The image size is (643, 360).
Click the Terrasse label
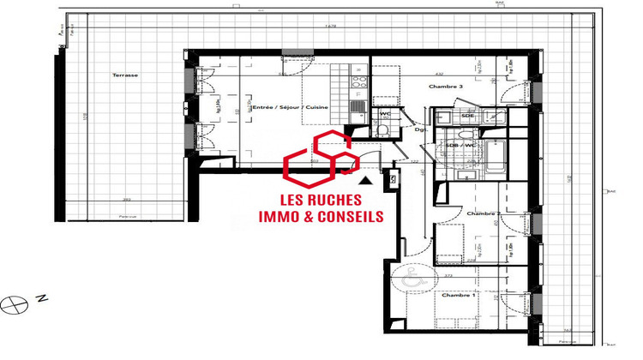click(x=124, y=75)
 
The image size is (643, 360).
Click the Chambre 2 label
click(x=483, y=213)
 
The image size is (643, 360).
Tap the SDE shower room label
click(x=468, y=115)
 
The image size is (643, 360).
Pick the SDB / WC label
click(x=461, y=145)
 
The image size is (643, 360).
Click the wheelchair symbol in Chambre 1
click(x=410, y=279)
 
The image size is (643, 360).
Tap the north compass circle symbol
click(x=12, y=302)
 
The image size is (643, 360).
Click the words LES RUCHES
click(x=321, y=200)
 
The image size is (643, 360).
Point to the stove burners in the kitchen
click(x=359, y=85)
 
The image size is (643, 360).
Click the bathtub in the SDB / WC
click(x=471, y=159)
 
